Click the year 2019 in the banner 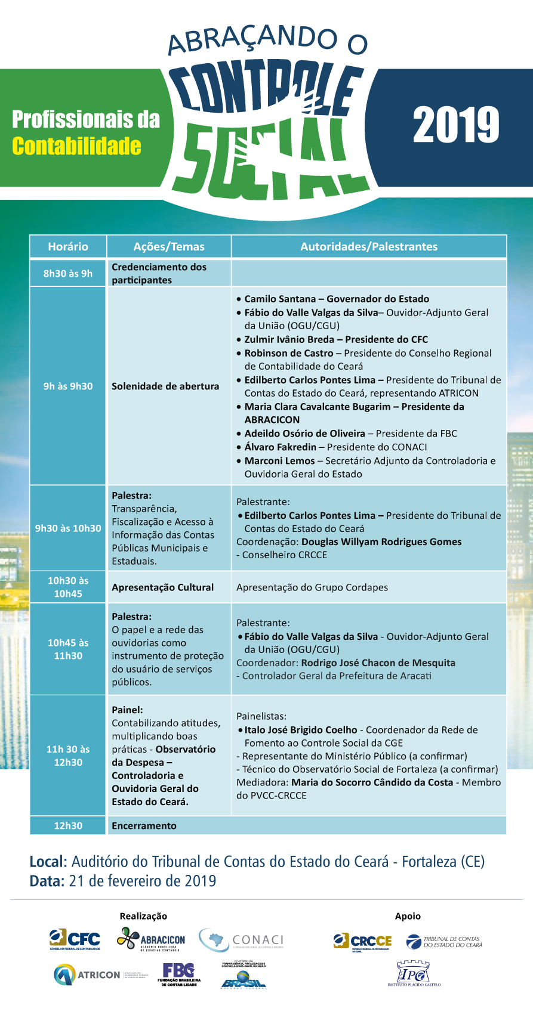[x=456, y=125]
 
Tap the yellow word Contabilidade [x=76, y=146]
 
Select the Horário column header [x=68, y=246]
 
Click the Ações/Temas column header [x=169, y=246]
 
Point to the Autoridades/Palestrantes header [x=369, y=246]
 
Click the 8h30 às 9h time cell [x=68, y=273]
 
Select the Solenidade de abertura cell [x=165, y=386]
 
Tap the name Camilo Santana [x=280, y=299]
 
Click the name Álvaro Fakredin [x=281, y=447]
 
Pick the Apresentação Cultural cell [x=162, y=587]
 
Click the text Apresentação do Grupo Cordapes [x=312, y=587]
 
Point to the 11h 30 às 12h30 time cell [x=68, y=756]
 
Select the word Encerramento [x=144, y=825]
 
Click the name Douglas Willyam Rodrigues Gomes [x=381, y=541]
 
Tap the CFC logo [x=75, y=940]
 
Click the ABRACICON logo [x=151, y=939]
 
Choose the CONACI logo [x=241, y=940]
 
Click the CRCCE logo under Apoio [x=363, y=941]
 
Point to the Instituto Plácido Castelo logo [x=414, y=973]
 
